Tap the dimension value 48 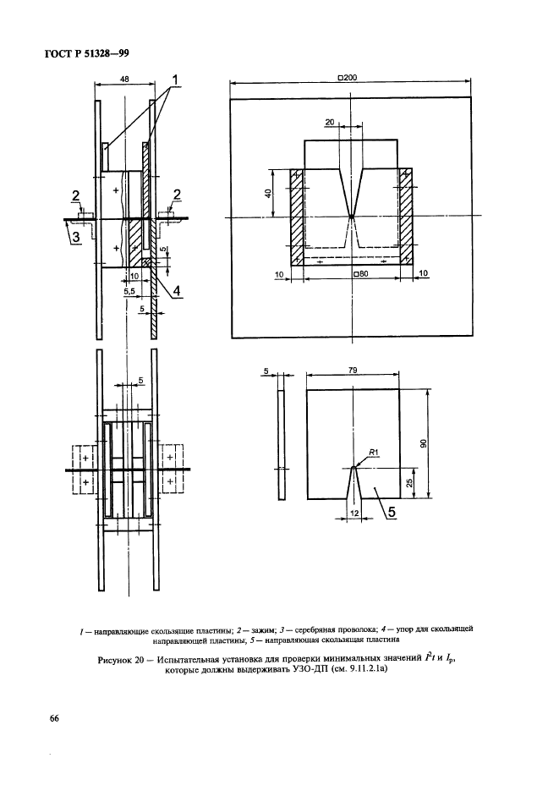tap(124, 78)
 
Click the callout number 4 tap(178, 293)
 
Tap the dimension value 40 tap(268, 194)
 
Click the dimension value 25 tap(409, 481)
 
